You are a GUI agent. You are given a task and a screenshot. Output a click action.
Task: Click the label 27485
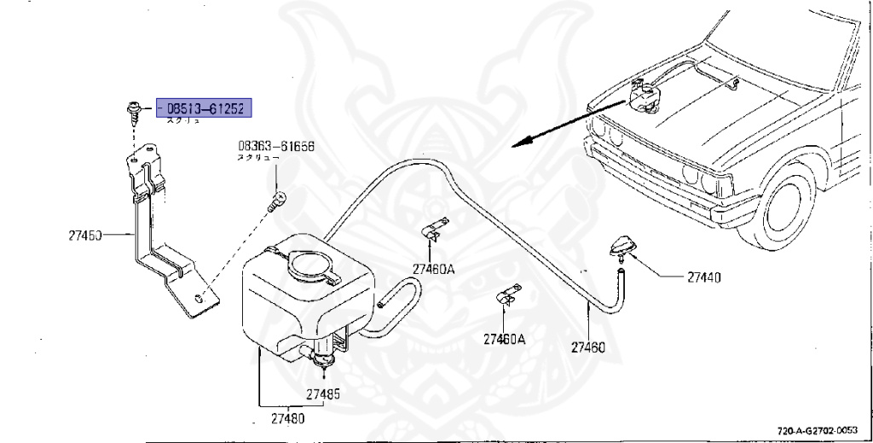pos(322,394)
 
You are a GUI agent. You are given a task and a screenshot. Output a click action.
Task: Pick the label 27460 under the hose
pos(588,347)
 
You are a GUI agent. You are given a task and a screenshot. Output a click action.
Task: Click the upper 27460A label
pos(434,269)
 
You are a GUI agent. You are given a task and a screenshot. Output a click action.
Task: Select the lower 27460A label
pos(505,339)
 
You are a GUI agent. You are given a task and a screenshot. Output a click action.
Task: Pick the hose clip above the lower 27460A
pos(509,295)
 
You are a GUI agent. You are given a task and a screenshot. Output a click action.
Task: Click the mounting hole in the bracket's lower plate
pos(198,298)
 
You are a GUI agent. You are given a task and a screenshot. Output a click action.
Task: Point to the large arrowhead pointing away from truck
pos(522,143)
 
